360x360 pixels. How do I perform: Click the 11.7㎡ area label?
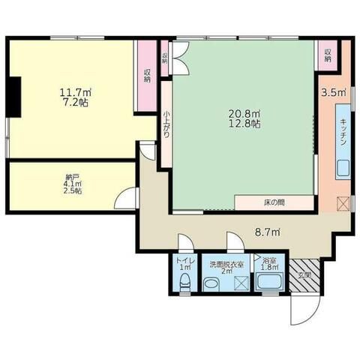point(72,94)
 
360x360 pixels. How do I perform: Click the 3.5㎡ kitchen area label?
point(333,94)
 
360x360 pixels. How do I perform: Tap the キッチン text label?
point(342,133)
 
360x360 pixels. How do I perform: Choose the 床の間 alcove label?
point(273,203)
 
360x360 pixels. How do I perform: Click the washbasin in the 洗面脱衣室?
point(211,283)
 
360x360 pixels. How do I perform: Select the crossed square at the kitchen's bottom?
point(342,202)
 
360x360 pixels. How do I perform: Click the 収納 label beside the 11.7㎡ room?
point(146,74)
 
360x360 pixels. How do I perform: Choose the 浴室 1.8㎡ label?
point(268,263)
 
